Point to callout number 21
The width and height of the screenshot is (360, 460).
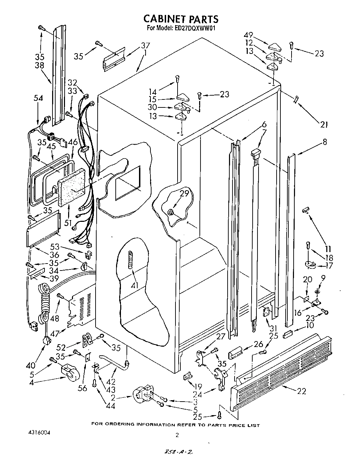(x=324, y=124)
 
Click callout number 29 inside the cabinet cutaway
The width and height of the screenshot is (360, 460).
(x=184, y=193)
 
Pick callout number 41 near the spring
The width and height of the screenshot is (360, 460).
(x=135, y=285)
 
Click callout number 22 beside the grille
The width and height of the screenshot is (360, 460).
(x=302, y=391)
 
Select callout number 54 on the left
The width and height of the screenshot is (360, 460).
(x=38, y=98)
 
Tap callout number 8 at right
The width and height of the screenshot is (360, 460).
(x=325, y=142)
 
